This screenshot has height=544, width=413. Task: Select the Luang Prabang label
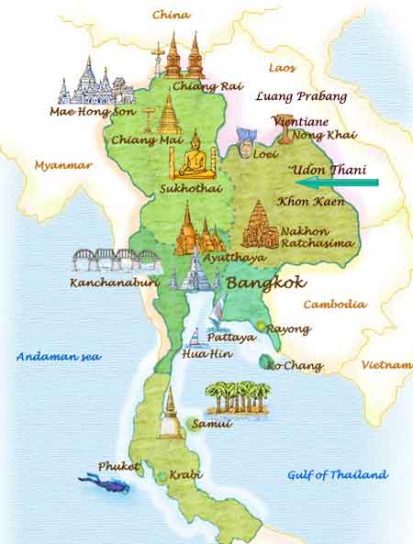tap(301, 95)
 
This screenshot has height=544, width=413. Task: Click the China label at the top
tap(171, 15)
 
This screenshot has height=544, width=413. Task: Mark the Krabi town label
tap(184, 476)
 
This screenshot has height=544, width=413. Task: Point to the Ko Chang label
tap(296, 366)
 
